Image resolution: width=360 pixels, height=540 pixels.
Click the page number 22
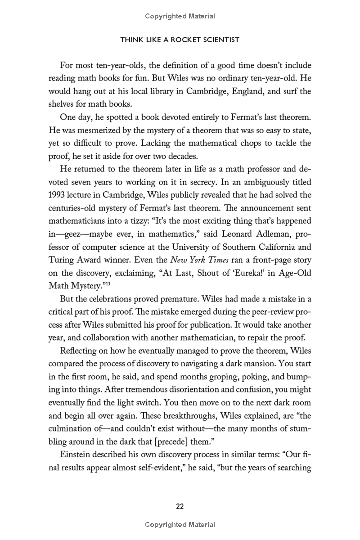[x=180, y=506]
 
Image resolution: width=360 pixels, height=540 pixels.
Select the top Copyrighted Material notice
[x=180, y=16]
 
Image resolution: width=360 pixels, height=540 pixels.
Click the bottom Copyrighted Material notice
[x=180, y=524]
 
